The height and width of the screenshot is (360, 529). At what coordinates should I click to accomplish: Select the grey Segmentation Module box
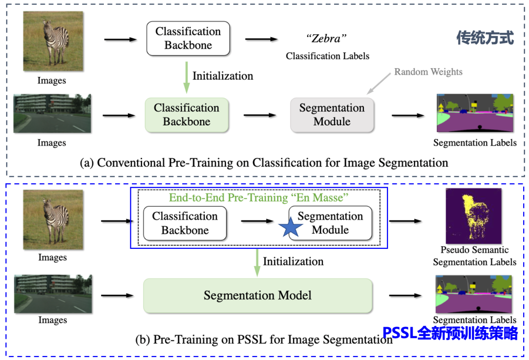[x=332, y=115]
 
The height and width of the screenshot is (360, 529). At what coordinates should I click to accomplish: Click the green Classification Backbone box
[x=187, y=115]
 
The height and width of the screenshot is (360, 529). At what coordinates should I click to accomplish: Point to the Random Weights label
[x=428, y=72]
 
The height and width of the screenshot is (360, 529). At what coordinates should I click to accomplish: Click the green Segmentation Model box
[x=258, y=295]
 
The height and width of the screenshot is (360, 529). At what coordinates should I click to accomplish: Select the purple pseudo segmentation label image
[x=475, y=216]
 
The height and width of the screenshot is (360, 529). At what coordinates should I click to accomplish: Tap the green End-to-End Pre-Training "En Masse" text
[x=258, y=198]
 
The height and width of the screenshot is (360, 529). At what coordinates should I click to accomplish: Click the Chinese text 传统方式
[x=484, y=38]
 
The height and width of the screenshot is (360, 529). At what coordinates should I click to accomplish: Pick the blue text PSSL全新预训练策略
[x=450, y=334]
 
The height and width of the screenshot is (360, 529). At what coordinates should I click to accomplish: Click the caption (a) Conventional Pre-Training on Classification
[x=264, y=163]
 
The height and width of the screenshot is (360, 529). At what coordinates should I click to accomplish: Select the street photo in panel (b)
[x=53, y=294]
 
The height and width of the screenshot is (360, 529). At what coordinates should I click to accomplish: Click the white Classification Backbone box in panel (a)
[x=188, y=38]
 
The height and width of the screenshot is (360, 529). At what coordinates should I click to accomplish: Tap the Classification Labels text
[x=328, y=56]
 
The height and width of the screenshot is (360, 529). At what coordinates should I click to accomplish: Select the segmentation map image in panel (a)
[x=475, y=113]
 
